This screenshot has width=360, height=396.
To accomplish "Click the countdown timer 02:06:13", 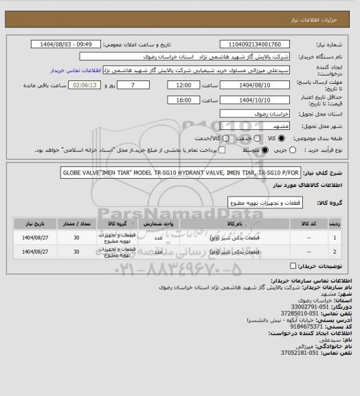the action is tap(87, 85).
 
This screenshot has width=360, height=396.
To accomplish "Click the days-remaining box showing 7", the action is tap(132, 85).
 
